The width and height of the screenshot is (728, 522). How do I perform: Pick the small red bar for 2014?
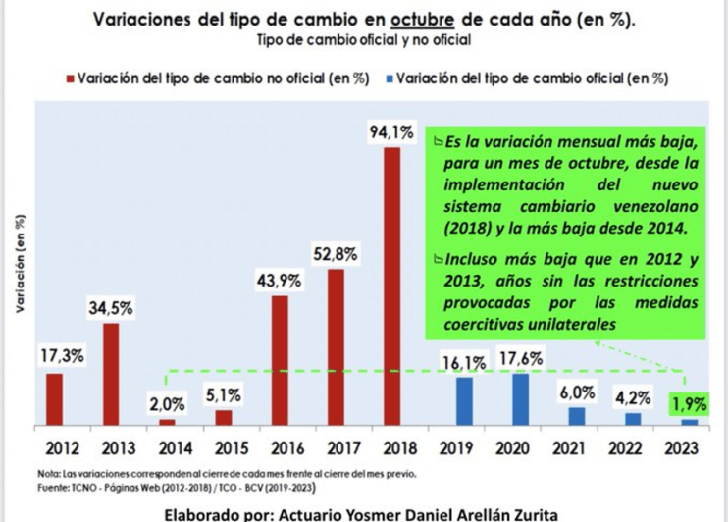(167, 422)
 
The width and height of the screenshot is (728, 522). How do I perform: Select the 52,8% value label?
(336, 254)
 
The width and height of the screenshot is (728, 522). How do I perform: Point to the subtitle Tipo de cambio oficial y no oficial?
(362, 41)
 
